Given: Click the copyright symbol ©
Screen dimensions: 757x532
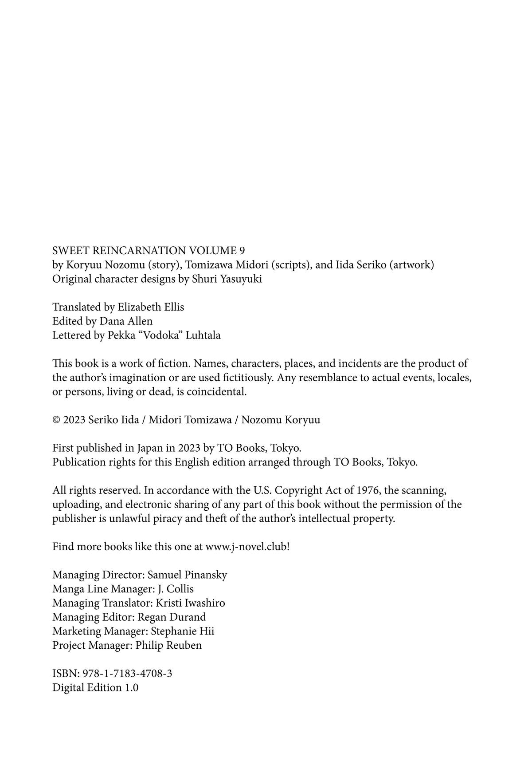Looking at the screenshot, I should point(56,420).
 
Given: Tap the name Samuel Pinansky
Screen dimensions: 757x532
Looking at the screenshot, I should point(187,575).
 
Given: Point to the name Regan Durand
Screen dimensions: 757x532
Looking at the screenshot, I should point(172,617).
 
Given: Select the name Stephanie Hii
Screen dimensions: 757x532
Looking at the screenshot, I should point(183,631).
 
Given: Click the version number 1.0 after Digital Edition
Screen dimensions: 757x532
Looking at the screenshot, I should point(132,688).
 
